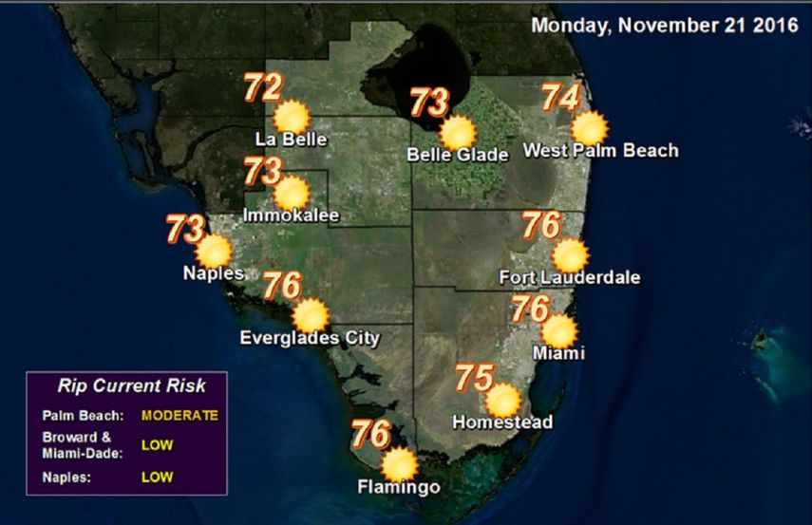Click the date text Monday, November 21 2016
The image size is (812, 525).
coord(664,26)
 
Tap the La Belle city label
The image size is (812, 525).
coord(292,141)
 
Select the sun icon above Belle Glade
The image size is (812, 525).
coord(458,133)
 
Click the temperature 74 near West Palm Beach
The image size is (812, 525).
coord(560,98)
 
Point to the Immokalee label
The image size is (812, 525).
coord(292,216)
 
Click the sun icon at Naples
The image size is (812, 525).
coord(215,252)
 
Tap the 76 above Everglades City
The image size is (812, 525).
coord(282,284)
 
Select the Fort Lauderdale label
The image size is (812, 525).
coord(570,278)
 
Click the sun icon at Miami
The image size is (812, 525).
coord(558,330)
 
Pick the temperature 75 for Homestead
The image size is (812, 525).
coord(473,377)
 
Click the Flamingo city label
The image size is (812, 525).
coord(399,488)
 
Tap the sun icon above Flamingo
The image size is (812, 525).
coord(399,464)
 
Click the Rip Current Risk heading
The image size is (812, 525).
coord(131,386)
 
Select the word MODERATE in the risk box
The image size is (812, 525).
coord(179,415)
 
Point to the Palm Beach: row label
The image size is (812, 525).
coord(84,415)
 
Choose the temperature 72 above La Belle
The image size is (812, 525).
coord(263,87)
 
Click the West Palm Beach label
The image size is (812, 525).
coord(601,150)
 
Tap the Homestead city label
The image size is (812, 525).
coord(502,422)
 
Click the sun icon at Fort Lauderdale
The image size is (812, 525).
coord(570,255)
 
